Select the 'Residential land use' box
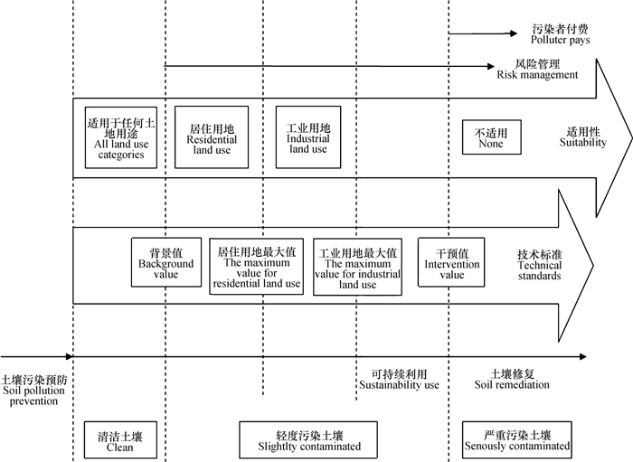pos(212,137)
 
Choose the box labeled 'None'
pos(491,138)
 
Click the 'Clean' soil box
pos(120,440)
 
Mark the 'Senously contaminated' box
pos(516,440)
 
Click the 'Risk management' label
pos(537,71)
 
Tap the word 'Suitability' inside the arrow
pos(582,138)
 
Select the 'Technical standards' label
pos(540,266)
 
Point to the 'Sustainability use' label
pos(399,380)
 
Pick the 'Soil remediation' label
pos(512,380)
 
